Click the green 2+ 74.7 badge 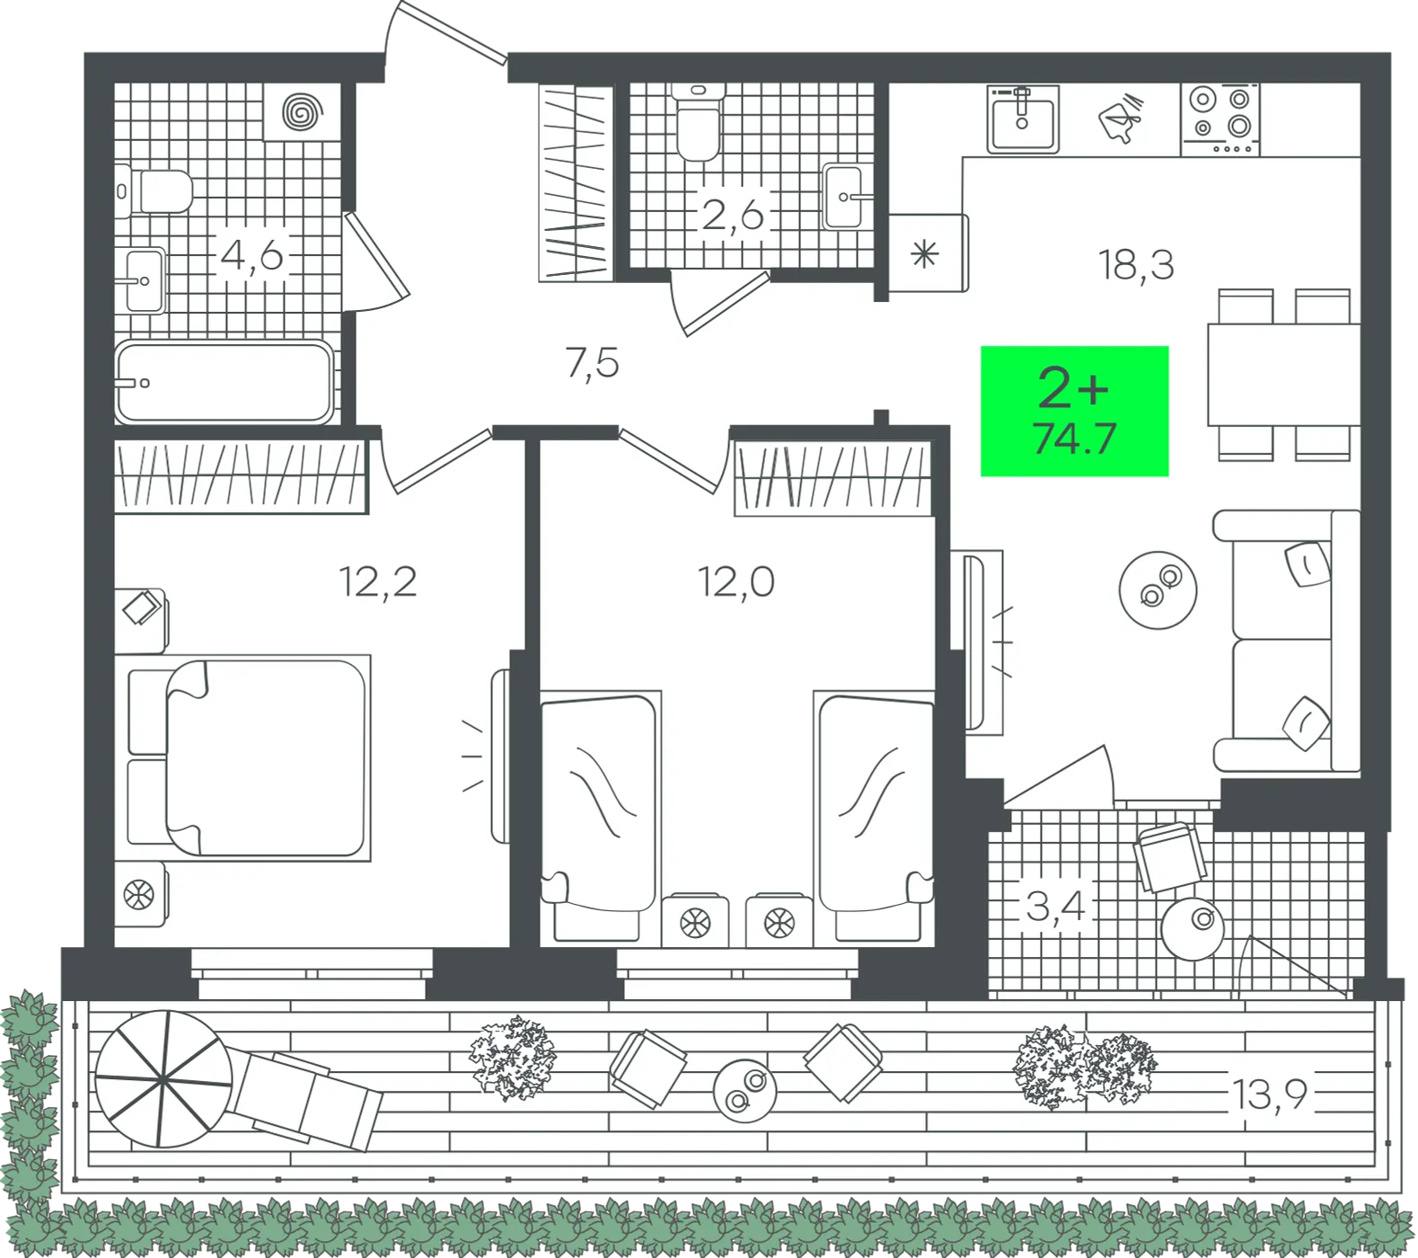point(1074,411)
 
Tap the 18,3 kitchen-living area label point(1136,265)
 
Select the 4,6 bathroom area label point(251,256)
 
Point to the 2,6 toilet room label point(733,215)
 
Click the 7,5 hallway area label point(593,363)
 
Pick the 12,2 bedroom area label point(378,582)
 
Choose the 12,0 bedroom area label point(736,582)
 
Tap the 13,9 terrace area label point(1269,1094)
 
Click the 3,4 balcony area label point(1056,906)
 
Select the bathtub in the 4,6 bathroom point(224,382)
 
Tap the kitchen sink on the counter point(1023,120)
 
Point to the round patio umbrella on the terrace point(163,1078)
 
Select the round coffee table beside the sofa point(1158,590)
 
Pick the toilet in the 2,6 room point(699,122)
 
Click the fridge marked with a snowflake point(929,253)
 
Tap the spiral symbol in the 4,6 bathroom point(302,112)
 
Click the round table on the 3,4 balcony point(1193,929)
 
